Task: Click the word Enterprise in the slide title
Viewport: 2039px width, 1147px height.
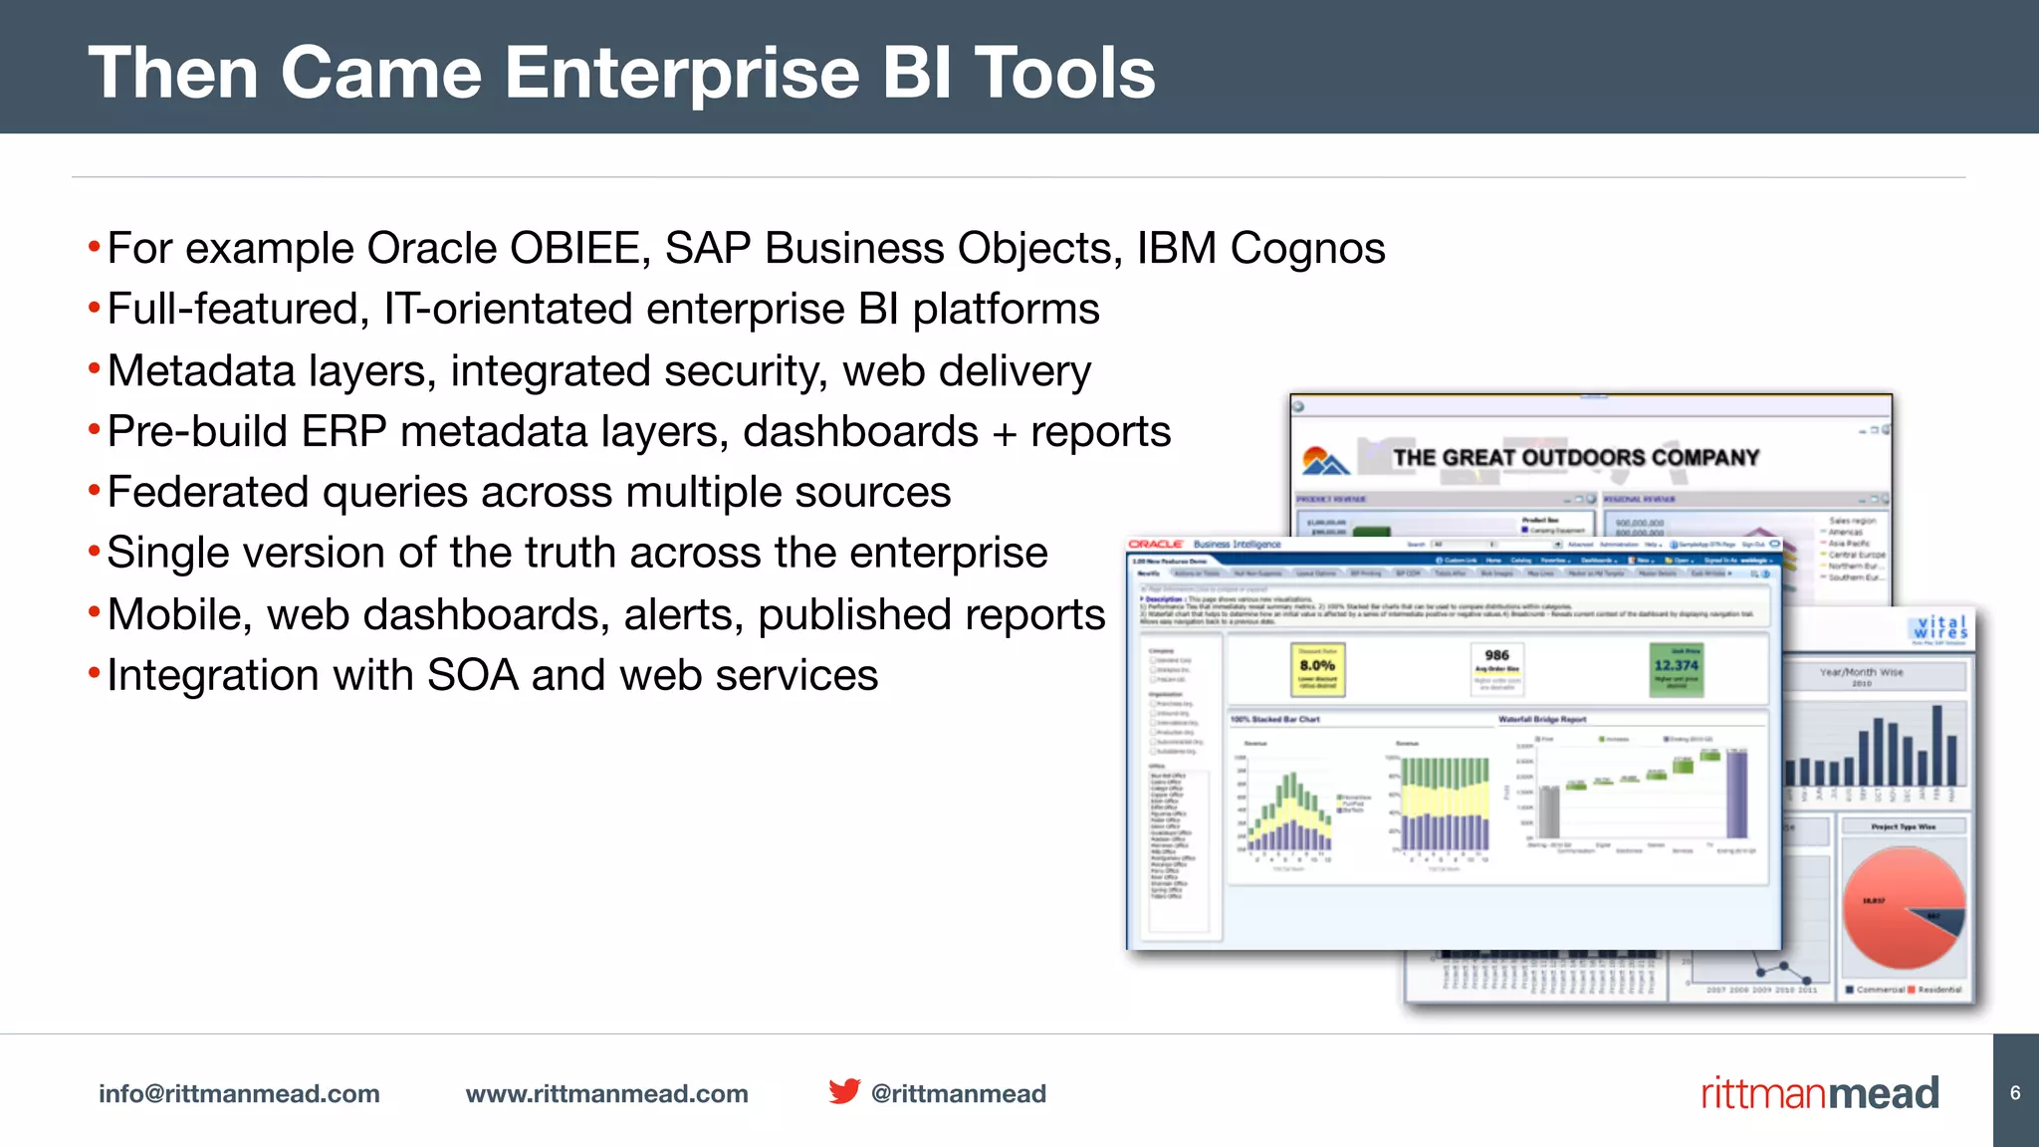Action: (x=682, y=73)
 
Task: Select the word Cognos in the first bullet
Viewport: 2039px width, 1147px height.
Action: (x=1307, y=248)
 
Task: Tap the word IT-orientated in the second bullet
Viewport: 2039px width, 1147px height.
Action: (x=508, y=309)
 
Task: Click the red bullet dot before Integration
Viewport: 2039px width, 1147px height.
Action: (x=94, y=674)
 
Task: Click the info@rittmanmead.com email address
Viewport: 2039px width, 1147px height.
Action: (x=239, y=1093)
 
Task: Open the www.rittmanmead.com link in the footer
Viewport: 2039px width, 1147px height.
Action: (x=606, y=1093)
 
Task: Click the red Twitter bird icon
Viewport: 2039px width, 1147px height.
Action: (x=844, y=1091)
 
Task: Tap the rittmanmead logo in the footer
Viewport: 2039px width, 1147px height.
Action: (x=1820, y=1093)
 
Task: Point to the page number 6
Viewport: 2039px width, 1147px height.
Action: (x=2015, y=1092)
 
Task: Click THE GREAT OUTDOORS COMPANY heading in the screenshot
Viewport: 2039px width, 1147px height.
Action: (x=1575, y=458)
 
